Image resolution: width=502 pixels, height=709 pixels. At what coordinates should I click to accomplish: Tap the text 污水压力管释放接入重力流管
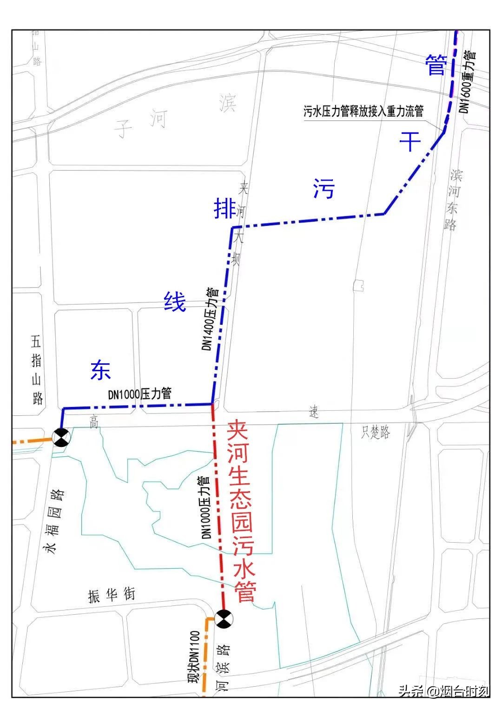(363, 112)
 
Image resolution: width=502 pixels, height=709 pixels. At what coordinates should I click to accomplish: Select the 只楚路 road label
(376, 433)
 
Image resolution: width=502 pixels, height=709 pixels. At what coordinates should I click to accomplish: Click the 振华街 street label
(112, 595)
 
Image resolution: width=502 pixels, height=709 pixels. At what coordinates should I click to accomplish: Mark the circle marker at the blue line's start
(61, 438)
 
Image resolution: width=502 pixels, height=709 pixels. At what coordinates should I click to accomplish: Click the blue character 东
(100, 370)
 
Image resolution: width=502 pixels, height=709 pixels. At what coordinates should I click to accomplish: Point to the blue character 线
(175, 302)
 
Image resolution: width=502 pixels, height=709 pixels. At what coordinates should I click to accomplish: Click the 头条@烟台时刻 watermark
(443, 691)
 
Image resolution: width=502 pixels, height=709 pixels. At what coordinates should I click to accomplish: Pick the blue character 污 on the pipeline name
(324, 189)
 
